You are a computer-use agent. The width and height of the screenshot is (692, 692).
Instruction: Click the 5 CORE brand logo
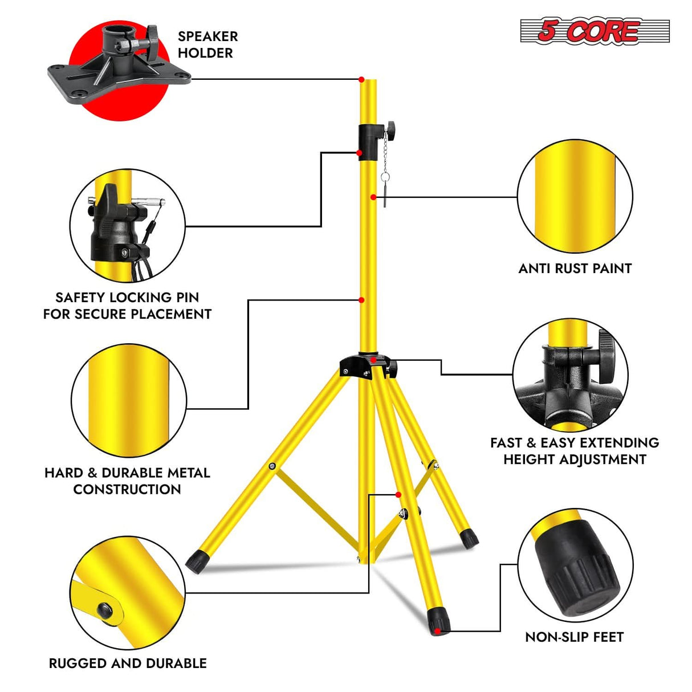tap(594, 31)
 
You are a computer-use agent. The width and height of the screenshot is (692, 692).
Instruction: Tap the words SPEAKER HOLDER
tap(207, 44)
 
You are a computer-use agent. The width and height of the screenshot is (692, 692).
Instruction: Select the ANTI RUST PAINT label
tap(575, 268)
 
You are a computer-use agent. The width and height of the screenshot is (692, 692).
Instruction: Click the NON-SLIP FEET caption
tap(574, 637)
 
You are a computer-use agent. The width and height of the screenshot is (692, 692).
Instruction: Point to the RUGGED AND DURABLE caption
tap(128, 663)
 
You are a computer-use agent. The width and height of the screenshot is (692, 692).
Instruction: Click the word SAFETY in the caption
tap(80, 298)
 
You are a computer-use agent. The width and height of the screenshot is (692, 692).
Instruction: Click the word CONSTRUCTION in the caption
tap(127, 489)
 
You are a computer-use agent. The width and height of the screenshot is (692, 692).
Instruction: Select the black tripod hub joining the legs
tap(368, 365)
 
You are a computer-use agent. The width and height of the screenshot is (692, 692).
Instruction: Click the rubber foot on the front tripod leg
tap(438, 620)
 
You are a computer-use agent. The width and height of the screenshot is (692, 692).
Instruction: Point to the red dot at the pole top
tap(361, 79)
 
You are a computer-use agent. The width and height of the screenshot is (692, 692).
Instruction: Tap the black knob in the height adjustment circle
tap(605, 357)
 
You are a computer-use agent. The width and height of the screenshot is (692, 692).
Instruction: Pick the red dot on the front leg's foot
tap(437, 631)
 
